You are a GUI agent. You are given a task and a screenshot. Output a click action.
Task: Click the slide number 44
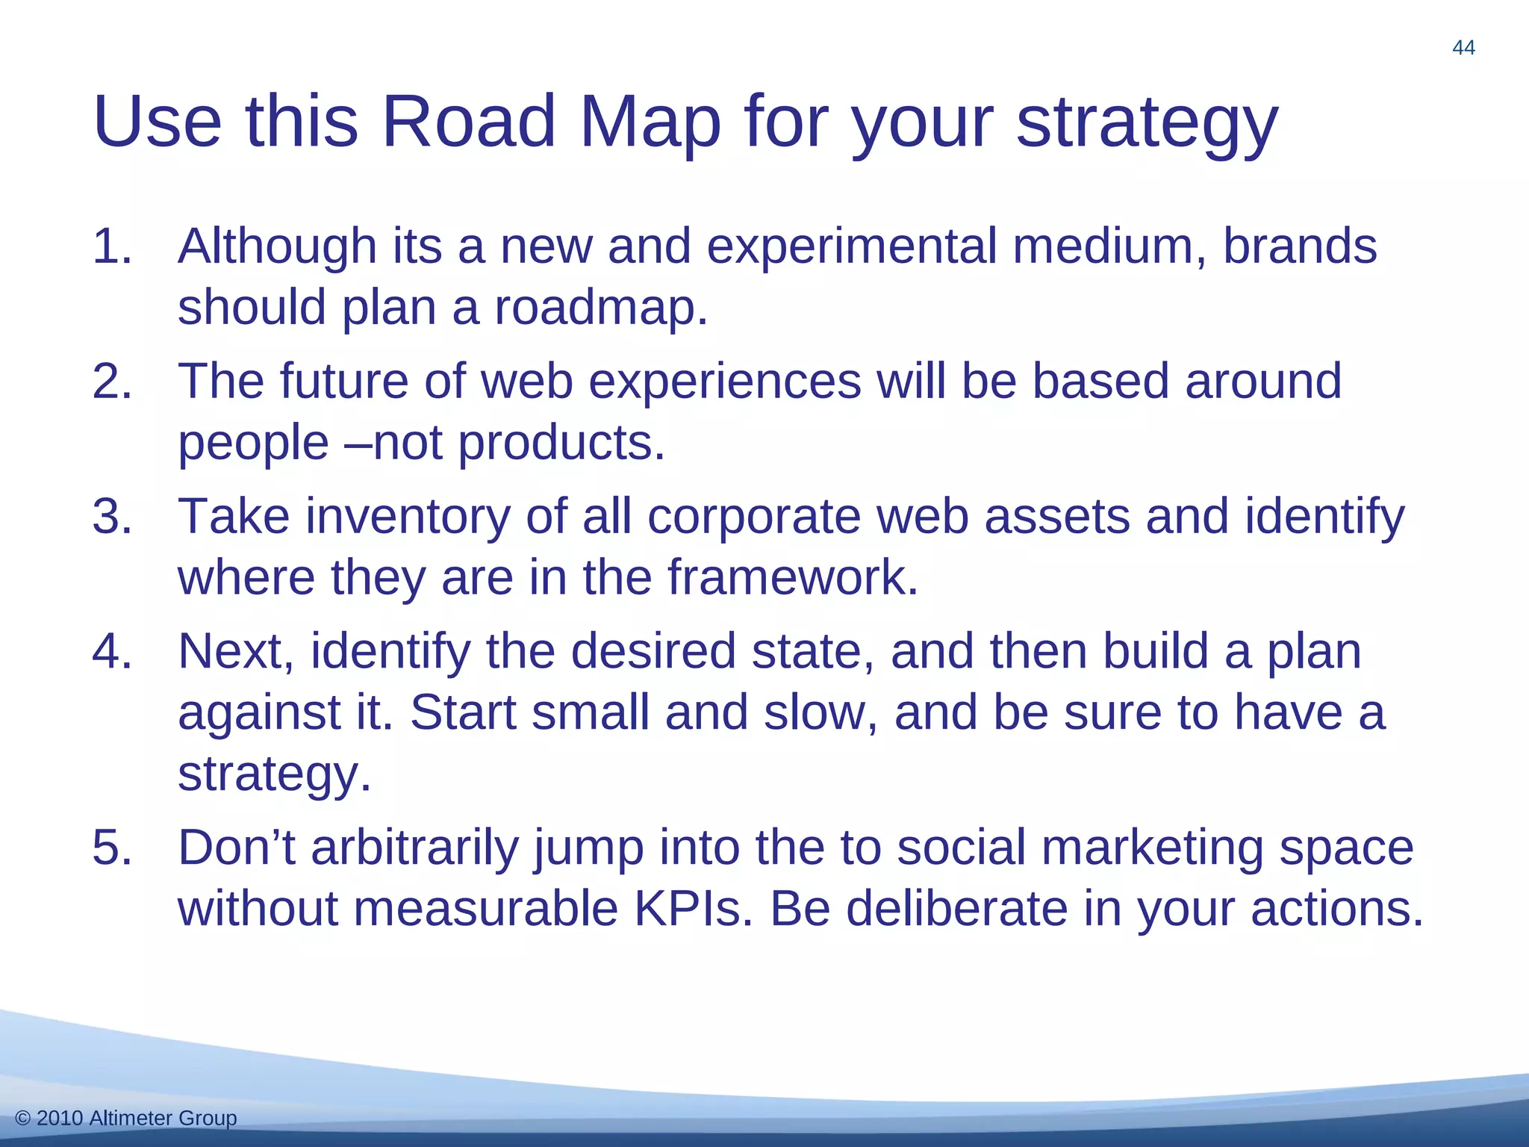1463,48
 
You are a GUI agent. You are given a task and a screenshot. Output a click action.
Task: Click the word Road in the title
469,121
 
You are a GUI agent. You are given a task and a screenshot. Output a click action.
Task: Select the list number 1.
112,246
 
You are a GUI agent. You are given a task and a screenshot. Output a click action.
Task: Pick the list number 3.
112,517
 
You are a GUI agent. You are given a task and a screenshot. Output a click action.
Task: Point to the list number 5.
112,848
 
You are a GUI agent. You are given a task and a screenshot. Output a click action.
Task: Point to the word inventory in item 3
408,517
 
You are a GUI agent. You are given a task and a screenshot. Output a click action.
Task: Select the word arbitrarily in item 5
414,848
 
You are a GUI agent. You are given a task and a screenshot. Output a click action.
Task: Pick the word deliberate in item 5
956,910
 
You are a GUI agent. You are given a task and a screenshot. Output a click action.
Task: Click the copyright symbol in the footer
22,1118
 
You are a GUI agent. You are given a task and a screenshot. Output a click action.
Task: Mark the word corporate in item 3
754,517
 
